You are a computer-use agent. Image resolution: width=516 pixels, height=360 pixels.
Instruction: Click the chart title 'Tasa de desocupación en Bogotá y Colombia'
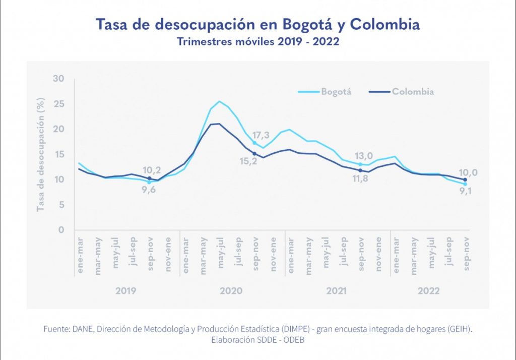[x=257, y=24]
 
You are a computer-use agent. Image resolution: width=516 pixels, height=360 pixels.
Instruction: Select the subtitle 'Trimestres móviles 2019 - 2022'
[x=257, y=41]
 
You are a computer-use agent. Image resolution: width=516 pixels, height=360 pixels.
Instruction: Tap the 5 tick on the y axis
[x=61, y=205]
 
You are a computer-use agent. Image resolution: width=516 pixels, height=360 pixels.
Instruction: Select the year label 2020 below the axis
[x=231, y=291]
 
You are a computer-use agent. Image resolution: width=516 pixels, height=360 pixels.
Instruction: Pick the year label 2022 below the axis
[x=429, y=291]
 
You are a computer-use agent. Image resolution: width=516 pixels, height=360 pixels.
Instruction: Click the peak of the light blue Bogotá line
[x=219, y=101]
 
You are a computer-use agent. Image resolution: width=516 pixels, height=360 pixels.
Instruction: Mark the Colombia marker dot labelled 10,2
[x=149, y=178]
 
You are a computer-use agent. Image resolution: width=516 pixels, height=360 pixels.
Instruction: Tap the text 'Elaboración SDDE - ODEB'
[x=257, y=340]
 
